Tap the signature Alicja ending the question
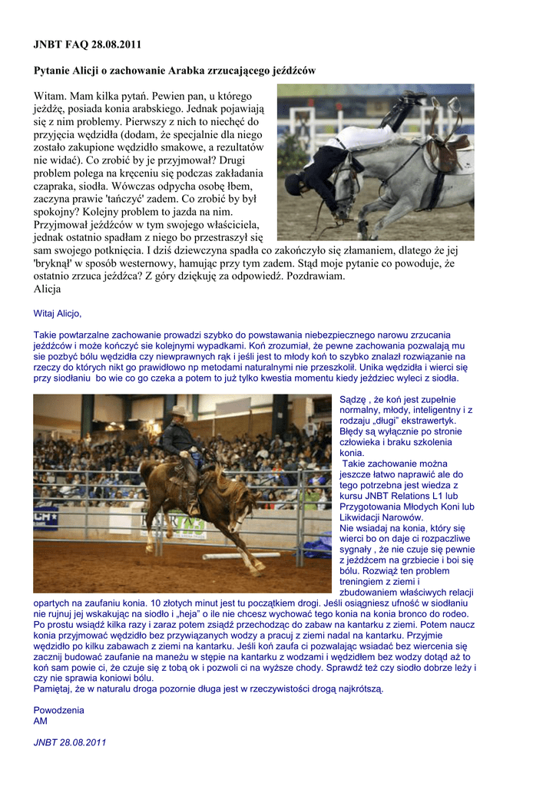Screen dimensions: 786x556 pos(47,289)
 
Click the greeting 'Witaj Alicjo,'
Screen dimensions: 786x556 pos(58,313)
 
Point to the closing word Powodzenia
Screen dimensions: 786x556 pos(58,710)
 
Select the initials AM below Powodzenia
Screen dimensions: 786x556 pos(40,722)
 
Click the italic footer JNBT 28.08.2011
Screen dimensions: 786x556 pos(70,742)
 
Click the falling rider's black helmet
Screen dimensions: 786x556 pos(293,184)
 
